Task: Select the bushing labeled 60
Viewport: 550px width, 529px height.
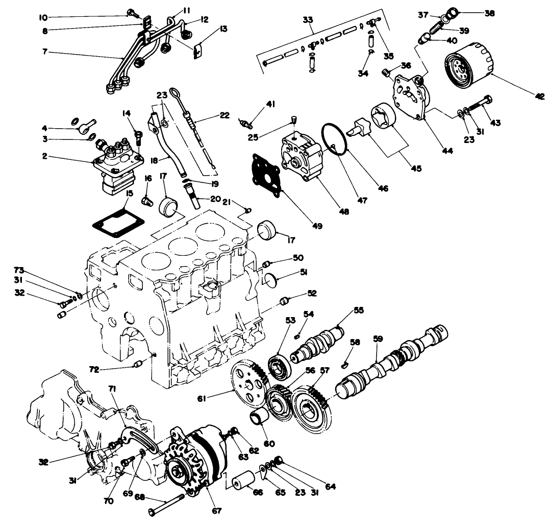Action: tap(260, 417)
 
